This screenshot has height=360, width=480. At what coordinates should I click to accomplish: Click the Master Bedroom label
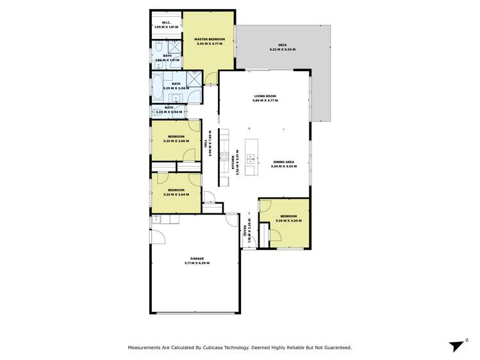(208, 40)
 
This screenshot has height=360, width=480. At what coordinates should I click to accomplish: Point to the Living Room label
(264, 96)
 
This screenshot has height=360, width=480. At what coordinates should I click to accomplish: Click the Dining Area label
(283, 162)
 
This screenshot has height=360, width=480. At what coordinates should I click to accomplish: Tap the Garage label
(197, 259)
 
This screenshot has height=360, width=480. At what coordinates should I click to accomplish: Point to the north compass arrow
(457, 346)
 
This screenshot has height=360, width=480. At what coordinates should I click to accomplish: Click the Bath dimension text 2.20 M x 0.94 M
(169, 112)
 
